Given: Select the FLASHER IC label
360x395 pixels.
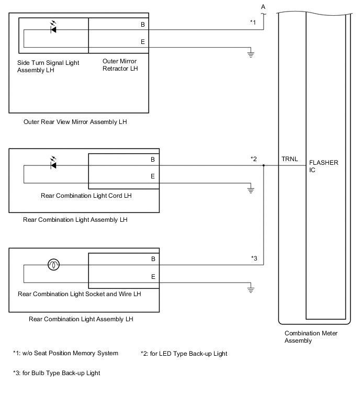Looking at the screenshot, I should pos(324,166).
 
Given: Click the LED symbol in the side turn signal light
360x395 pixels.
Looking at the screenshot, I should pos(53,29).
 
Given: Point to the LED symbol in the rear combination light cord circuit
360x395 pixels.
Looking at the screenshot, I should pos(53,165).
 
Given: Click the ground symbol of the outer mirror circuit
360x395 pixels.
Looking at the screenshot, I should pos(251,53).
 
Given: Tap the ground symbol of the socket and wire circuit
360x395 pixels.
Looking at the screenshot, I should pos(251,289).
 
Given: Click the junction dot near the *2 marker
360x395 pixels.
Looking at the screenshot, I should pos(264,165).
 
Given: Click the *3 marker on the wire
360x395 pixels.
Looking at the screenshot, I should pos(254,259).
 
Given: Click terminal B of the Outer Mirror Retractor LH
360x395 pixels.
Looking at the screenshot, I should pos(143,24).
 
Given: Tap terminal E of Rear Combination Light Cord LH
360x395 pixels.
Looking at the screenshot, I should pos(152,176).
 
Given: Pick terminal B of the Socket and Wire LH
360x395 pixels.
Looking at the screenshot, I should pos(152,259).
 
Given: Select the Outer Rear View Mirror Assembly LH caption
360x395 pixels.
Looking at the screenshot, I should pos(75,122).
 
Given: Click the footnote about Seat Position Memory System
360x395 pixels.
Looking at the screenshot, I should pos(65,353).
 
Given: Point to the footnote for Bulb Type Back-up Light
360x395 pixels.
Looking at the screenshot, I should pos(57,373).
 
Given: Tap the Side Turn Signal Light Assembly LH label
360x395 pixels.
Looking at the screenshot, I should pos(48,66).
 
